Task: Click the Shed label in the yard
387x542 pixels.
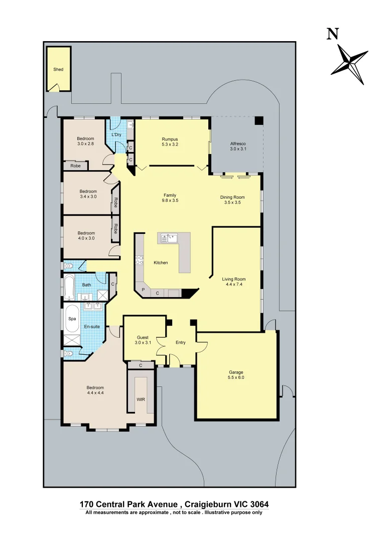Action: [58, 69]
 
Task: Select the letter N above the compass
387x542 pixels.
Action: [332, 34]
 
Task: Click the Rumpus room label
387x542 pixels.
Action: [170, 142]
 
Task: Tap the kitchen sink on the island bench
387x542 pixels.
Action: [170, 238]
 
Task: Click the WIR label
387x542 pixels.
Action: [141, 400]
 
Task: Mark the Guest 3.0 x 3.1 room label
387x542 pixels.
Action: [143, 340]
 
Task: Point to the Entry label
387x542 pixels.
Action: [180, 343]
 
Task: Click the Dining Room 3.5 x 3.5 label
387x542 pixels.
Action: [232, 200]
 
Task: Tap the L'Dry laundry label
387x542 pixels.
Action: [116, 134]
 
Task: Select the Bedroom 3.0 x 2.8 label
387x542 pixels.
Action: [85, 141]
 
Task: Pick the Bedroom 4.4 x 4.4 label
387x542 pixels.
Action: [95, 390]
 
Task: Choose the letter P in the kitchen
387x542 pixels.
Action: [143, 291]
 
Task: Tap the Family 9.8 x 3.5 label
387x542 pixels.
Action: [170, 198]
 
